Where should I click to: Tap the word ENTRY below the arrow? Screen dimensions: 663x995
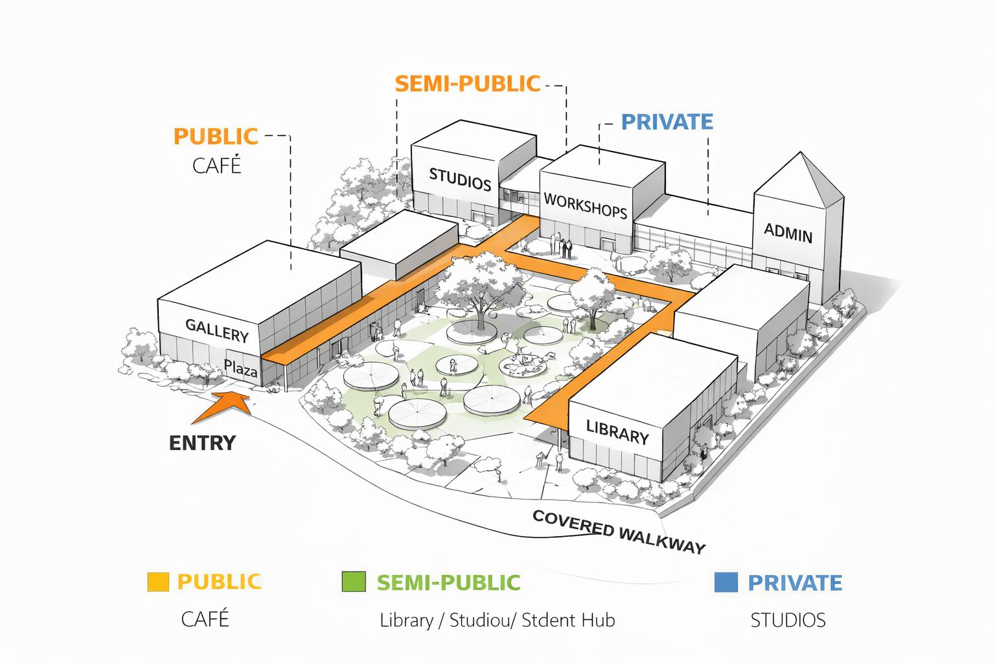[202, 443]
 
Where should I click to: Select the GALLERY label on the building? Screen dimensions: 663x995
[217, 330]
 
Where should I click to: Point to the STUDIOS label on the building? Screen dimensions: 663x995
[460, 179]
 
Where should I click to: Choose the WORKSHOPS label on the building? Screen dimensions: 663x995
[585, 205]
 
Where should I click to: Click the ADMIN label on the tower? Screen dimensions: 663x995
[788, 232]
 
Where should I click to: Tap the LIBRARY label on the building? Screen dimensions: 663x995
[617, 432]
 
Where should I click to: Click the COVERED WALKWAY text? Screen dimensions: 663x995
[618, 532]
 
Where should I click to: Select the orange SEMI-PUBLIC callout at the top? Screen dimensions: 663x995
[467, 84]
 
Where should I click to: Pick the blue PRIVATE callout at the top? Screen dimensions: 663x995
[667, 122]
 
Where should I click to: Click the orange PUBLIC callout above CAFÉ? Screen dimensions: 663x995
[216, 137]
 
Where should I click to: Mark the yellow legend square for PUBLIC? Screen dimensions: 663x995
[158, 581]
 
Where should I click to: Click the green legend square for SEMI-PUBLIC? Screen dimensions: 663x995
[354, 581]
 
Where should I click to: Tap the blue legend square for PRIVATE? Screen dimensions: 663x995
[726, 582]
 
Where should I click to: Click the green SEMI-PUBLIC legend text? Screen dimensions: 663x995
[448, 582]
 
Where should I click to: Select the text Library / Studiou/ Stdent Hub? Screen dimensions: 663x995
[497, 620]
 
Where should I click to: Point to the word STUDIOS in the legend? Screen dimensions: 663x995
[788, 620]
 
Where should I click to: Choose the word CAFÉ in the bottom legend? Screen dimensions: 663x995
[205, 619]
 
